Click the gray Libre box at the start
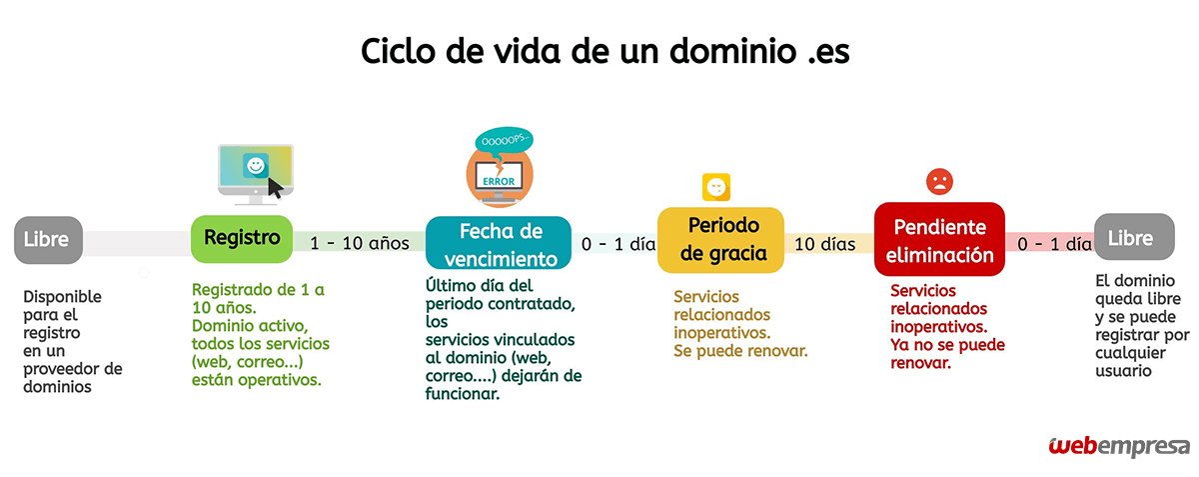[x=48, y=240]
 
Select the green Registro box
[x=242, y=238]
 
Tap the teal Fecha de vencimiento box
[x=499, y=243]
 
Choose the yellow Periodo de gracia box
[x=720, y=240]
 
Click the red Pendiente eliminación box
[x=939, y=239]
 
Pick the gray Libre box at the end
[x=1134, y=237]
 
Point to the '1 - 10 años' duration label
[x=359, y=243]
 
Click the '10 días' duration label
[x=825, y=244]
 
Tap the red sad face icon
[x=939, y=182]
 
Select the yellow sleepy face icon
[x=716, y=187]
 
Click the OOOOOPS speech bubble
[x=504, y=140]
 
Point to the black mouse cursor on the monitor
[x=275, y=188]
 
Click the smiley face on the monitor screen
[x=256, y=166]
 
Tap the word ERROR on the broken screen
[x=499, y=182]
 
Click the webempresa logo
[x=1119, y=446]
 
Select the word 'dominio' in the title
[x=732, y=51]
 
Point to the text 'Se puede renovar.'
[x=740, y=351]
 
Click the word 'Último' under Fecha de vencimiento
[x=452, y=285]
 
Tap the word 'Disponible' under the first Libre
[x=62, y=296]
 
